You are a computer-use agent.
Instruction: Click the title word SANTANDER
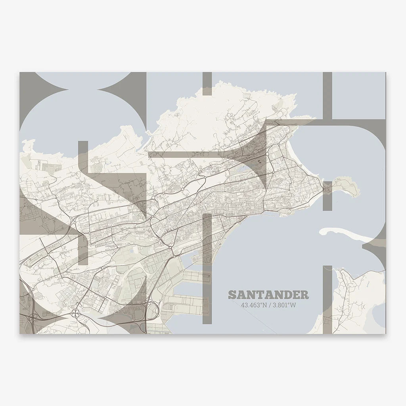[x=268, y=295]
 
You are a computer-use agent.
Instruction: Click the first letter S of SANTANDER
[x=232, y=295]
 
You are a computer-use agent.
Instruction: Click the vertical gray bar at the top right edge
[x=327, y=95]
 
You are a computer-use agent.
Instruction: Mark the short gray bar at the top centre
[x=207, y=84]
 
